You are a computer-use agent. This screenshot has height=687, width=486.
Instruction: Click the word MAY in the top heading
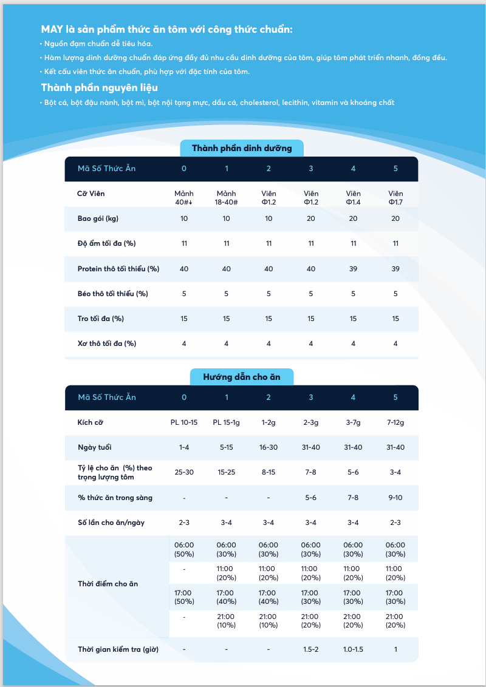pyautogui.click(x=50, y=29)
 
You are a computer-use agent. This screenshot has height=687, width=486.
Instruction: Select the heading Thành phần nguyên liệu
pyautogui.click(x=100, y=87)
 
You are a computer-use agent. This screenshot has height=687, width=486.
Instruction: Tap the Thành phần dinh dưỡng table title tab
pyautogui.click(x=242, y=148)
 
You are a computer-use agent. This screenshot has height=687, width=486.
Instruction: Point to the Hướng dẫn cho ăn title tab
pyautogui.click(x=242, y=377)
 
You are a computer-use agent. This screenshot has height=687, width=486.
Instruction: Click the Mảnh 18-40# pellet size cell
pyautogui.click(x=227, y=197)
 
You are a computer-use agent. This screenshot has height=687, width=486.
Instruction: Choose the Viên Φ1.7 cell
pyautogui.click(x=395, y=197)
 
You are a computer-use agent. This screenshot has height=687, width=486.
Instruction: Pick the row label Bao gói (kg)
pyautogui.click(x=98, y=218)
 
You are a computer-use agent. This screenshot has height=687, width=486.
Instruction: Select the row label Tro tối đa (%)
pyautogui.click(x=100, y=319)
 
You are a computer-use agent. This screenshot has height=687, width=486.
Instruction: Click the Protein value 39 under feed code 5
pyautogui.click(x=395, y=269)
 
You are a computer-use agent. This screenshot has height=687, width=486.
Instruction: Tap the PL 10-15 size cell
pyautogui.click(x=184, y=422)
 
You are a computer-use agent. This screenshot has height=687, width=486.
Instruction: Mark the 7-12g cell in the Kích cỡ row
pyautogui.click(x=395, y=422)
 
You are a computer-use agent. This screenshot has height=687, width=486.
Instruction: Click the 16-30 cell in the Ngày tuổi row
pyautogui.click(x=269, y=447)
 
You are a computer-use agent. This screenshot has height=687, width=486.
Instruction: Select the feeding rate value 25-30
pyautogui.click(x=184, y=472)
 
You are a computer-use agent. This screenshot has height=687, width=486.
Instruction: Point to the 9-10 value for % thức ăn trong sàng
pyautogui.click(x=395, y=498)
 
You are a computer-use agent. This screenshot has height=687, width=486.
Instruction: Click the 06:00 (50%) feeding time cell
pyautogui.click(x=184, y=549)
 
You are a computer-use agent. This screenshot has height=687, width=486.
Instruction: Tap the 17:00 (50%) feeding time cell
pyautogui.click(x=184, y=597)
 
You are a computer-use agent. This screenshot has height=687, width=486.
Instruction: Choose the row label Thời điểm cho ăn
pyautogui.click(x=108, y=584)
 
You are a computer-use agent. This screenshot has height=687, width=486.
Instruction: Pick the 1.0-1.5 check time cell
pyautogui.click(x=353, y=649)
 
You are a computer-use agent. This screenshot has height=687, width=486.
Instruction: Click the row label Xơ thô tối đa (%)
pyautogui.click(x=106, y=343)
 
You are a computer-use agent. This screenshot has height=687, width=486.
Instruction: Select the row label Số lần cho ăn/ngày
pyautogui.click(x=111, y=523)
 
